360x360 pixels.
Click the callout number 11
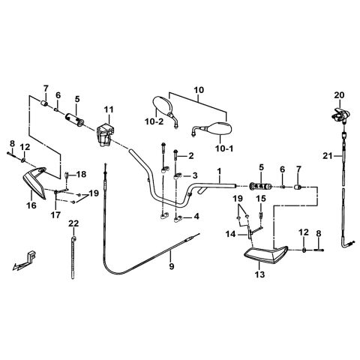click(109, 109)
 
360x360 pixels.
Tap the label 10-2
click(154, 121)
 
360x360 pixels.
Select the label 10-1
click(224, 148)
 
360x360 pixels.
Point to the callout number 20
click(340, 95)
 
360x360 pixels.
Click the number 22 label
click(73, 223)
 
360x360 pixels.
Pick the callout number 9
click(172, 266)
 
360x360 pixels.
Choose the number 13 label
click(260, 274)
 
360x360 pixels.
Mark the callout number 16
click(31, 205)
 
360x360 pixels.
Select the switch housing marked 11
click(103, 135)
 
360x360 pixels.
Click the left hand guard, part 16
click(35, 182)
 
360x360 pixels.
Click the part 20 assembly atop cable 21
click(340, 115)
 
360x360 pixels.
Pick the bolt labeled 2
click(176, 159)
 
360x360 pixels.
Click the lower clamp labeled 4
click(177, 220)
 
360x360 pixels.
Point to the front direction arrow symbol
click(24, 261)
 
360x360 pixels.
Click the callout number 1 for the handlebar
click(219, 172)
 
